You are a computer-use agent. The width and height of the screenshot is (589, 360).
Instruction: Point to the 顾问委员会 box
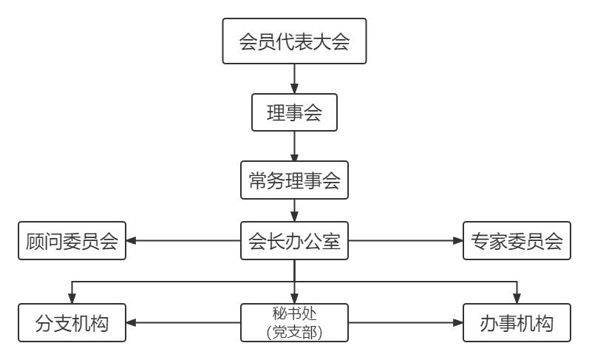point(72,241)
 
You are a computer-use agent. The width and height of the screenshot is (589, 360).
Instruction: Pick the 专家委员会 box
point(517,241)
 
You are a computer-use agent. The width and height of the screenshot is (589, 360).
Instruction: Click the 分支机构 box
point(72,323)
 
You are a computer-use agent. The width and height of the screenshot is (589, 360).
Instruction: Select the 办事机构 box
point(517,323)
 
